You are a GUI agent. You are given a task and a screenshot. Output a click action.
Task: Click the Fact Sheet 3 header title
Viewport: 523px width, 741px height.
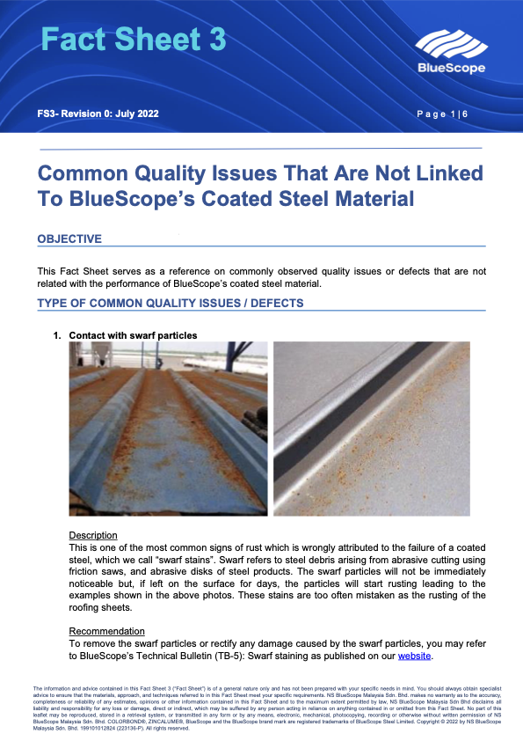pyautogui.click(x=134, y=40)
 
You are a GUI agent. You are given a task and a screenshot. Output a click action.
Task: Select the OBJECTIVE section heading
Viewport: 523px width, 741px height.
pyautogui.click(x=69, y=239)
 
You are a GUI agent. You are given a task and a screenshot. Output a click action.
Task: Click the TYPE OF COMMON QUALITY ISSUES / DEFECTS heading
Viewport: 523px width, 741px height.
pyautogui.click(x=170, y=304)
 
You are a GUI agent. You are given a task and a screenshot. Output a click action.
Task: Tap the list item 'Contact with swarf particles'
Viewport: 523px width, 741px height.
pyautogui.click(x=133, y=335)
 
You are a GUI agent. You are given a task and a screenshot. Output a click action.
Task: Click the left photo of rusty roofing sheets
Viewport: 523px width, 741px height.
pyautogui.click(x=169, y=429)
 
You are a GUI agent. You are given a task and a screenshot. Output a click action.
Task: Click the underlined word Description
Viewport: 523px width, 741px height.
pyautogui.click(x=93, y=535)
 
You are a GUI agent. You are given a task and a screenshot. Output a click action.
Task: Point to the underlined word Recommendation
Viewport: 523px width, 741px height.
pyautogui.click(x=107, y=631)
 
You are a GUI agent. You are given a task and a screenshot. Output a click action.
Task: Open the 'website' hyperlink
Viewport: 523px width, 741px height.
pyautogui.click(x=416, y=656)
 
